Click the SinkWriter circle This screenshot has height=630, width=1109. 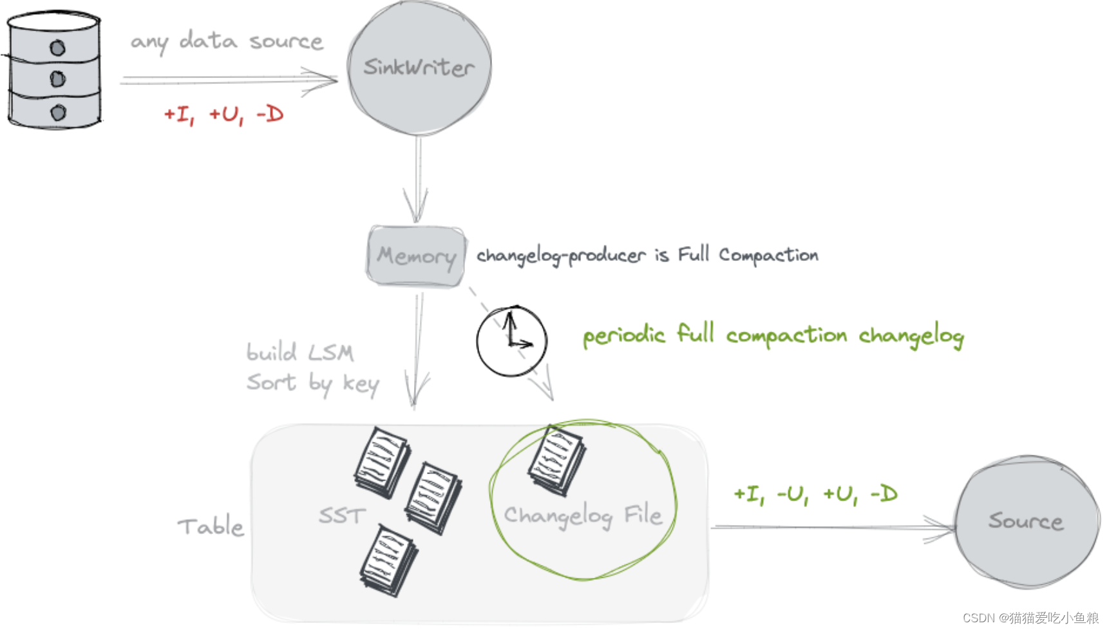(419, 68)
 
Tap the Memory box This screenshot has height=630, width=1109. (416, 256)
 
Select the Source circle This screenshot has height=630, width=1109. (1027, 521)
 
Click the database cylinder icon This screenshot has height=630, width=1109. (54, 70)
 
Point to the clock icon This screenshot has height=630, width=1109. (511, 341)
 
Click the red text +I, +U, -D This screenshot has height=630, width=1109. (223, 115)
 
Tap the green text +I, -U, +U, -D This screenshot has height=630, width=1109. (815, 494)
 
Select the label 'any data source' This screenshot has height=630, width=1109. (227, 41)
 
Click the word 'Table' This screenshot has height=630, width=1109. (211, 526)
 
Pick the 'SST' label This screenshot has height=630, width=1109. (342, 515)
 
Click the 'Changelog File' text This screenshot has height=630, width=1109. (583, 515)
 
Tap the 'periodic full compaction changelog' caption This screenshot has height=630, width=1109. (773, 336)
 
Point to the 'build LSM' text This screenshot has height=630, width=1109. (300, 352)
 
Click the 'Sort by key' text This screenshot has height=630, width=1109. (313, 383)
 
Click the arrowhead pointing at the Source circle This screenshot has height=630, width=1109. (942, 528)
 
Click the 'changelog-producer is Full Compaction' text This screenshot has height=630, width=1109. (647, 255)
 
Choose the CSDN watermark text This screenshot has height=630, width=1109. (1030, 618)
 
